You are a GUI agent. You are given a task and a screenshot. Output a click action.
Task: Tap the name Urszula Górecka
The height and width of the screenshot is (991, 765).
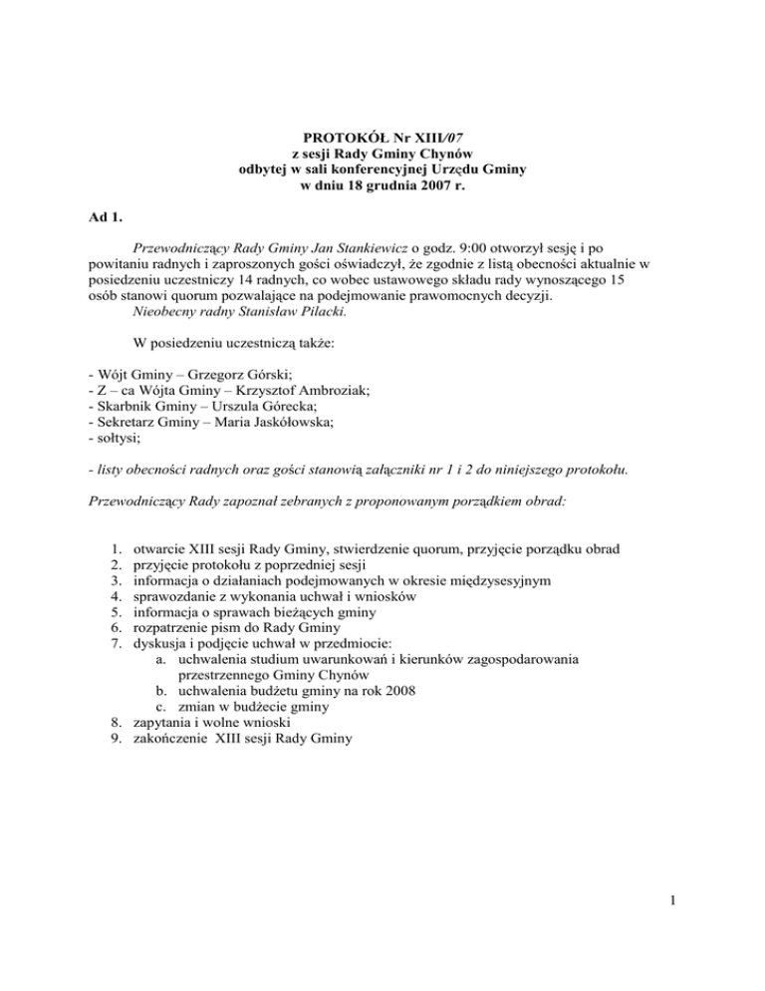[234, 406]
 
